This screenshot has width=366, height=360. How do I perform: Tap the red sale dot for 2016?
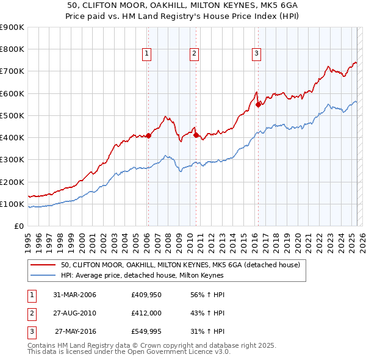coord(258,104)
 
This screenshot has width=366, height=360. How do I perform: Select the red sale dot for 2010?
coord(196,135)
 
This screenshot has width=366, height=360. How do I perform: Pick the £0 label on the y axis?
coord(19,226)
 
